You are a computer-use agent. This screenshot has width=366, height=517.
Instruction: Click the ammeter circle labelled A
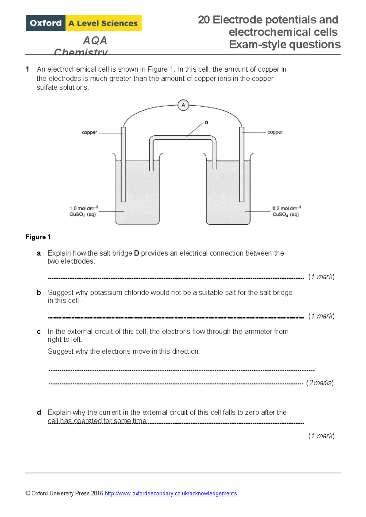pos(183,105)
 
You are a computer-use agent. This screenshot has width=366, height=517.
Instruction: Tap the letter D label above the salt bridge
pos(206,123)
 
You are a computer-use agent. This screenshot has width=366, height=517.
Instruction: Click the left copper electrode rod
pos(124,165)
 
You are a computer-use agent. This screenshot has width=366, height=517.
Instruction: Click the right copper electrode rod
pos(242,165)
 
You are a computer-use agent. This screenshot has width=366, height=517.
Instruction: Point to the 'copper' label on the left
pos(89,133)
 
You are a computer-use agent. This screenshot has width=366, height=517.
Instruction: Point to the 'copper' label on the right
pos(275,132)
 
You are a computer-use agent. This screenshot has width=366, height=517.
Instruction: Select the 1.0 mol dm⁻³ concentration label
pos(84,209)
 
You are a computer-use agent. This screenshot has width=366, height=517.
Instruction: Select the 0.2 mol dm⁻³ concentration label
pos(286,209)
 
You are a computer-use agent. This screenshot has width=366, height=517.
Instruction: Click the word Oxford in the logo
pos(46,23)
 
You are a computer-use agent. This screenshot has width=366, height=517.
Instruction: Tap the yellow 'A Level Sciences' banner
pos(103,23)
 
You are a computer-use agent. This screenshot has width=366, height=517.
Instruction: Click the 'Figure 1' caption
pos(38,237)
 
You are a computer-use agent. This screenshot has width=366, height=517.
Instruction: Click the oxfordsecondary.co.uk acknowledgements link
pos(170,493)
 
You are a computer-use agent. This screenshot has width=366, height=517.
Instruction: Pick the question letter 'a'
pos(39,253)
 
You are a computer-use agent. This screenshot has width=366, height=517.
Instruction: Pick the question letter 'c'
pos(39,332)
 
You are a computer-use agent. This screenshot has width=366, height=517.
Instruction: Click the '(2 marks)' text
pos(320,383)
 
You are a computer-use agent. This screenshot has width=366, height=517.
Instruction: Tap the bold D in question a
pos(137,253)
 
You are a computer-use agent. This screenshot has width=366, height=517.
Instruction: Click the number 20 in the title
pos(204,20)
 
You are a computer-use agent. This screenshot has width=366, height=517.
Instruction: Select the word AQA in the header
pos(95,40)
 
